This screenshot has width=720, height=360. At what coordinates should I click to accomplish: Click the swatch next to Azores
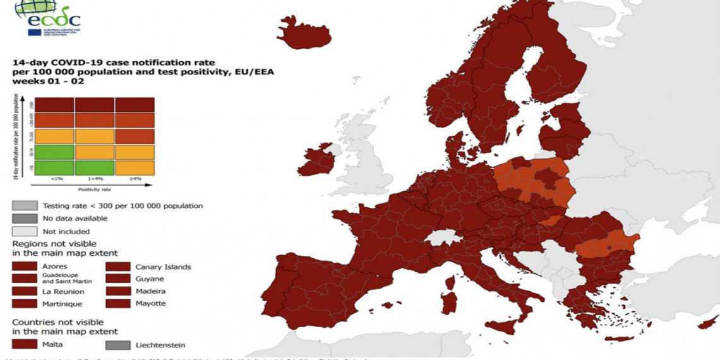tap(23, 267)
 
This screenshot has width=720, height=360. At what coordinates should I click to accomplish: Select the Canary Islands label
tap(163, 267)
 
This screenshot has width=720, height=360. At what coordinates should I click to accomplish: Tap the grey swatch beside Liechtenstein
tap(117, 345)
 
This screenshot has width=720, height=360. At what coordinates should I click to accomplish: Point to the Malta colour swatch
tap(23, 345)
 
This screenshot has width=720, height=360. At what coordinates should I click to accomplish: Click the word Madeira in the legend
tap(150, 291)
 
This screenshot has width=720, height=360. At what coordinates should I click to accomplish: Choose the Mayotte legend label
tap(151, 303)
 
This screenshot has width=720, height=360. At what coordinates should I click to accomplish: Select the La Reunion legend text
tap(63, 292)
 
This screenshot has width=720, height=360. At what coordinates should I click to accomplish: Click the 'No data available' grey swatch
tap(23, 219)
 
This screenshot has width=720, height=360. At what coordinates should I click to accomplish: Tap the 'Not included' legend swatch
tap(23, 231)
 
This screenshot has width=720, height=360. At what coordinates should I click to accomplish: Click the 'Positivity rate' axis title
tap(95, 189)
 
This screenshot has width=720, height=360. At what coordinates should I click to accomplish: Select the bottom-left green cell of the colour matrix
tap(54, 167)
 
